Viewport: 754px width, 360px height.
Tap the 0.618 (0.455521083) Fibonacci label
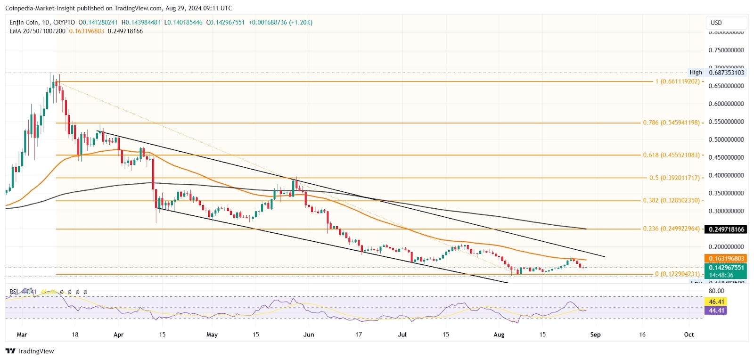tap(671, 155)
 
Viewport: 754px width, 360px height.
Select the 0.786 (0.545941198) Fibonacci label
tap(671, 123)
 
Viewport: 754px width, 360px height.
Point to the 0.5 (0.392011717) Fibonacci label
tap(674, 178)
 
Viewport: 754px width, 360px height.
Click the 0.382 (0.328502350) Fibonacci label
tap(671, 200)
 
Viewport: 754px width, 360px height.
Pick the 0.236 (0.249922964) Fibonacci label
tap(671, 229)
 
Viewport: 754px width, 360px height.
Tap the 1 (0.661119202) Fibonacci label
tap(677, 82)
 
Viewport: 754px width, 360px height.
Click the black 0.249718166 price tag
tap(726, 229)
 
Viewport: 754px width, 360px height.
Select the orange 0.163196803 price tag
tap(726, 259)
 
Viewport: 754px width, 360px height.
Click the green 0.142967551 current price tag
tap(726, 268)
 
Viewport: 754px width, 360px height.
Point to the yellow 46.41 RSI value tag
tap(716, 302)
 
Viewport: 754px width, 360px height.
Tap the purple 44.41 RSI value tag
tap(716, 311)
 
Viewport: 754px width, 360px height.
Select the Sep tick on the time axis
tap(595, 335)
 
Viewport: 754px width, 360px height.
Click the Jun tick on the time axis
tap(309, 335)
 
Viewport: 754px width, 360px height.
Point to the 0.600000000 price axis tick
tap(726, 104)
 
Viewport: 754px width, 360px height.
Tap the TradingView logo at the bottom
tap(30, 351)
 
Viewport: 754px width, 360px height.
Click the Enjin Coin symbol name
tap(24, 23)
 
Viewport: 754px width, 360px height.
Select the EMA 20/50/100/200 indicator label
tap(37, 31)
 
